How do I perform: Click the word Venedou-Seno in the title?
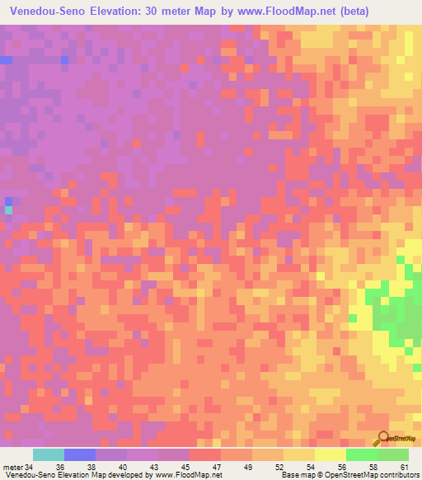coord(50,12)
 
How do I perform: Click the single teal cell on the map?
coord(9,210)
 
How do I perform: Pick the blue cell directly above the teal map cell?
coord(9,201)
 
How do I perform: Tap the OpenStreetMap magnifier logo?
coord(383,440)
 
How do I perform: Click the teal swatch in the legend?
coord(48,454)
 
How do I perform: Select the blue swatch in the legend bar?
coord(80,454)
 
